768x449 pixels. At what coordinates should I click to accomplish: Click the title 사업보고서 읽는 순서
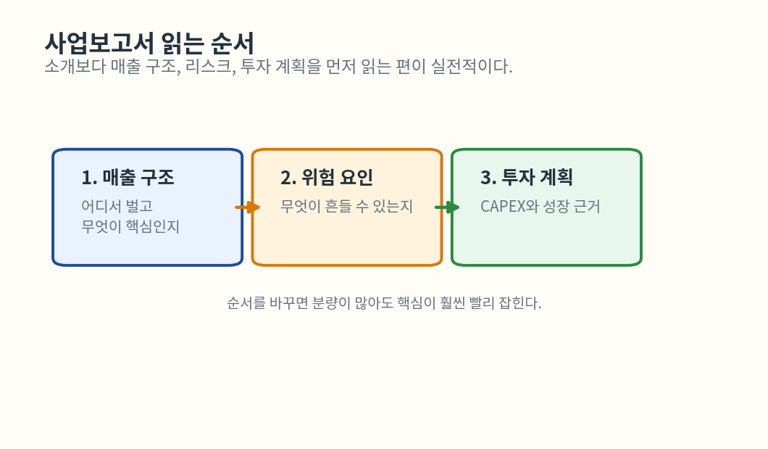coord(149,43)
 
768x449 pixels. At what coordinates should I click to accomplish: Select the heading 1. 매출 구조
coord(128,177)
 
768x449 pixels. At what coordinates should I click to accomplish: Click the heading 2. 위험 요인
coord(327,177)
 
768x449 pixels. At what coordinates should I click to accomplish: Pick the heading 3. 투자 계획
coord(527,177)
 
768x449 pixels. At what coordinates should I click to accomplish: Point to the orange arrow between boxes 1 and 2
coord(248,207)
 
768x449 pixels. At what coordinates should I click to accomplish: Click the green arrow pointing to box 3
coord(448,207)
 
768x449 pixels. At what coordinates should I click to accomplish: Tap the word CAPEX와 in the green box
coord(510,207)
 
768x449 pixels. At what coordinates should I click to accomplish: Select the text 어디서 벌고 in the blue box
coord(117,207)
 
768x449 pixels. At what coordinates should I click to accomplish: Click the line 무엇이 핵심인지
coord(130,227)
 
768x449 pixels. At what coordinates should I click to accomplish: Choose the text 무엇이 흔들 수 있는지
coord(346,207)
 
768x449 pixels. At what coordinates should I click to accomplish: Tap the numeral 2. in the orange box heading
coord(288,178)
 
